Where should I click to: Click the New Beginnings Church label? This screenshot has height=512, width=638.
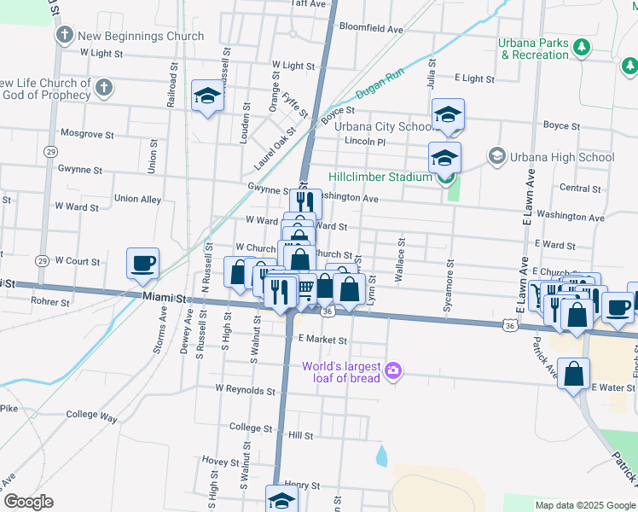coord(141,36)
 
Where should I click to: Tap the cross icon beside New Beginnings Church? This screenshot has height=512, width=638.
coord(65,36)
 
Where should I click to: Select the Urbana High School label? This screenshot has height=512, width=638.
coord(561,157)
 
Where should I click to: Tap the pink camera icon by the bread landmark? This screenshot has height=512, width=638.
coord(393,370)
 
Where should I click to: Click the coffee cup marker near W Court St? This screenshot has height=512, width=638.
coord(142,263)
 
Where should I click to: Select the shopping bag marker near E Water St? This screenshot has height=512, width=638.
coord(574,373)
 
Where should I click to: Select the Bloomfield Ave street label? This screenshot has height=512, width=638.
coord(370,28)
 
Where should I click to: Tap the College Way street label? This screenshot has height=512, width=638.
coord(91,416)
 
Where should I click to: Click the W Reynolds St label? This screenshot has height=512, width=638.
coord(246,389)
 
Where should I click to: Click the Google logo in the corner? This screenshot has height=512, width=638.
coord(29,502)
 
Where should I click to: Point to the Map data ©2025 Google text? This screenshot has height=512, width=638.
coord(583,505)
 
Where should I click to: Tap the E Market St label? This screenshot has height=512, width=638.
coord(322,340)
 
